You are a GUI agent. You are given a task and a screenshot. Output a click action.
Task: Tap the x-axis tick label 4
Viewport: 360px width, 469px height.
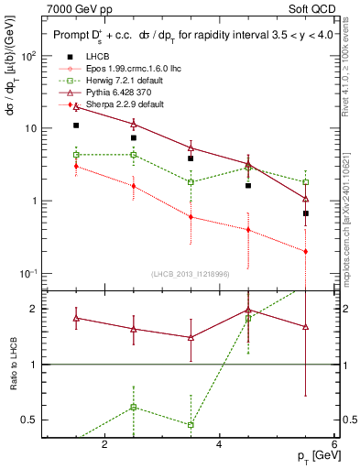(219, 445)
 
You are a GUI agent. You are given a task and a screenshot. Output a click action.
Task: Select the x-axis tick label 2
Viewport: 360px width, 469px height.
(104, 445)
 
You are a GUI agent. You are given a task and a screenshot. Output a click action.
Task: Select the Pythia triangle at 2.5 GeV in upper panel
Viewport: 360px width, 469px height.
(134, 125)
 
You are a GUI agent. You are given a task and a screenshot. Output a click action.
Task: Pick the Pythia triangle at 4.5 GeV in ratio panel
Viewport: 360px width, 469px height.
(248, 310)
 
